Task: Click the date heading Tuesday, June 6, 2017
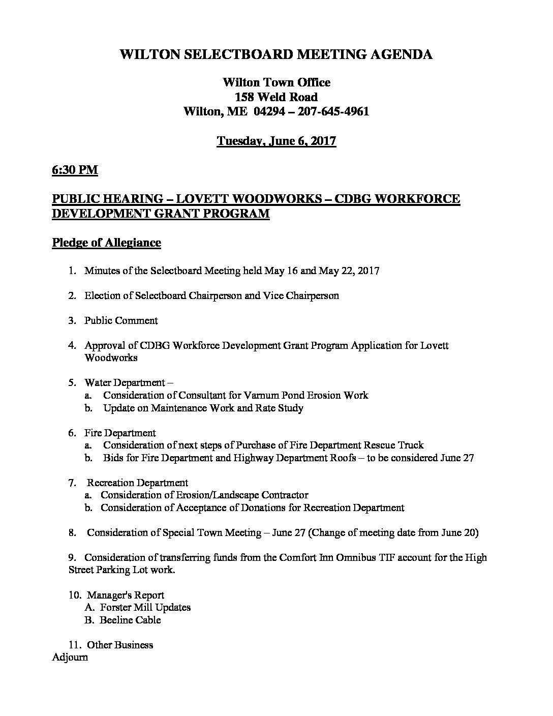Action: (x=276, y=141)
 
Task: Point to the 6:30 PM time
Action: (x=75, y=170)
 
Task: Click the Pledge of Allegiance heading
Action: (x=106, y=243)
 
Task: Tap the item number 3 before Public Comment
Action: (x=72, y=321)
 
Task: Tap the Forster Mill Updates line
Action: (x=145, y=608)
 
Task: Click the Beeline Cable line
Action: (x=131, y=620)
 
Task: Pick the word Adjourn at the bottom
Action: (x=70, y=658)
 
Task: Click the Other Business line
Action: (x=120, y=645)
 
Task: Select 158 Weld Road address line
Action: (x=276, y=97)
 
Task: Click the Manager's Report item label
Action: (x=126, y=595)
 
